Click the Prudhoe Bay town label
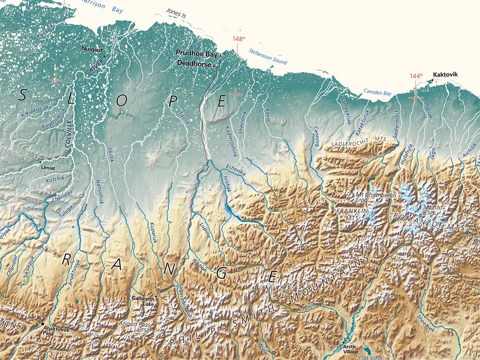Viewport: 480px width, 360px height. pos(196,54)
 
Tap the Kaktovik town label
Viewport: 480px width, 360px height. pos(445,75)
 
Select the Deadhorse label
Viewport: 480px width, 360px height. pos(194,64)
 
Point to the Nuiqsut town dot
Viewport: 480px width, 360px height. pos(105,56)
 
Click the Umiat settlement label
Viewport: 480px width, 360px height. pos(48,167)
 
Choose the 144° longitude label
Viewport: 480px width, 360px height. pos(416,76)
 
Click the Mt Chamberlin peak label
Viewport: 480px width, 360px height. pos(376,195)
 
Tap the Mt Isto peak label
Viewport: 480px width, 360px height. pos(433,208)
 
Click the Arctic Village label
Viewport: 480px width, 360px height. pos(352,350)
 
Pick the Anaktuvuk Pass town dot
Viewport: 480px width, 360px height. pos(43,324)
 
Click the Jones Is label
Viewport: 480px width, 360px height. pos(176,15)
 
